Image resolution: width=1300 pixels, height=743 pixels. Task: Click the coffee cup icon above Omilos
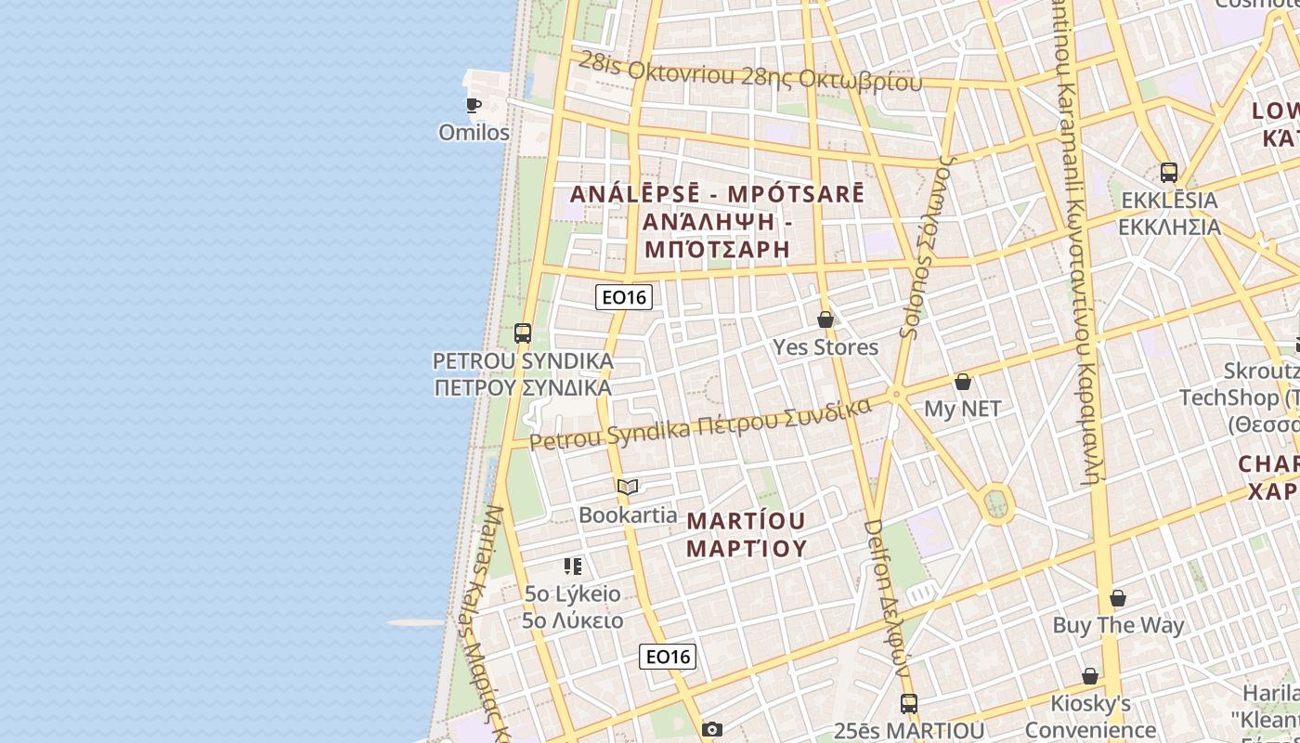click(x=474, y=105)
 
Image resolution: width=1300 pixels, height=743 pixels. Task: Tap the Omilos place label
click(x=474, y=133)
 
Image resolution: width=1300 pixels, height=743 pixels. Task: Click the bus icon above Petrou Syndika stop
click(x=523, y=333)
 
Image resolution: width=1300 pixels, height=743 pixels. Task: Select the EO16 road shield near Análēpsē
click(x=624, y=297)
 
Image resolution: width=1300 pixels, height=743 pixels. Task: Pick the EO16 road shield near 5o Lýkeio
click(x=668, y=657)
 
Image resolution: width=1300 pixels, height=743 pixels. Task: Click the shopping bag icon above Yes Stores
click(x=825, y=319)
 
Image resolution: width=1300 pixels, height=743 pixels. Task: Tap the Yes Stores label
click(x=825, y=347)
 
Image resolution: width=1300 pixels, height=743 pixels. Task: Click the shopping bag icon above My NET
click(x=963, y=382)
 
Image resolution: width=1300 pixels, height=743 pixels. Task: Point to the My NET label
click(x=963, y=409)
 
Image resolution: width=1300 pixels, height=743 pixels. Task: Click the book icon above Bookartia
click(x=628, y=487)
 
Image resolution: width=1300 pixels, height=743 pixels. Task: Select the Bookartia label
click(x=628, y=515)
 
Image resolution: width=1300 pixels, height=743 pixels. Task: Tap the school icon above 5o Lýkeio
click(x=573, y=566)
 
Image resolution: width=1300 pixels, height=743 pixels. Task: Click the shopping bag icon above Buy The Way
click(x=1118, y=598)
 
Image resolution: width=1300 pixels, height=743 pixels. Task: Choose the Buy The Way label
click(x=1118, y=625)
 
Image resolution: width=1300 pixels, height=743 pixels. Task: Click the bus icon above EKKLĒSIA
click(x=1169, y=173)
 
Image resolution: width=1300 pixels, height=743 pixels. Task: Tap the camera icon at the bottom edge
click(x=712, y=730)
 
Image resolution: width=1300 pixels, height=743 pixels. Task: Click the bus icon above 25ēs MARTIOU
click(x=909, y=704)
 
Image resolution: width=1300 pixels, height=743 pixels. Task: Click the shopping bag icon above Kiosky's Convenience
click(x=1090, y=676)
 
